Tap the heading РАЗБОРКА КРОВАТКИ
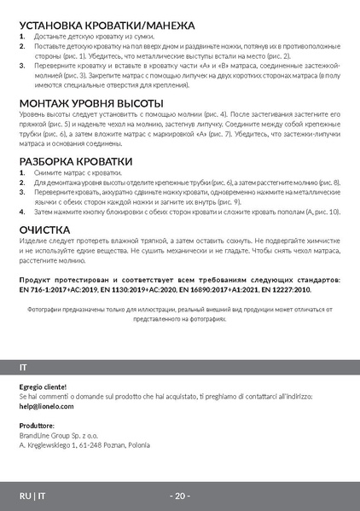(77, 161)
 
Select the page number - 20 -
(180, 496)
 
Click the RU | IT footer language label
(33, 496)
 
